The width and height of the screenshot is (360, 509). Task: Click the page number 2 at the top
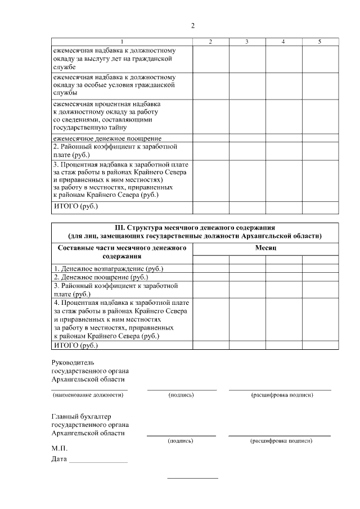click(193, 26)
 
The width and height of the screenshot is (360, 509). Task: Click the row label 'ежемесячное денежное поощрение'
click(107, 138)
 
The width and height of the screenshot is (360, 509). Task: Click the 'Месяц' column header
click(265, 247)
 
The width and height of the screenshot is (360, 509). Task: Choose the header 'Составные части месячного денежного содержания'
click(122, 252)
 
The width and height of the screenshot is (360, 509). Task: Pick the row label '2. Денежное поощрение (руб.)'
click(101, 277)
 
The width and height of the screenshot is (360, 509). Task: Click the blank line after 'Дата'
click(97, 461)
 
